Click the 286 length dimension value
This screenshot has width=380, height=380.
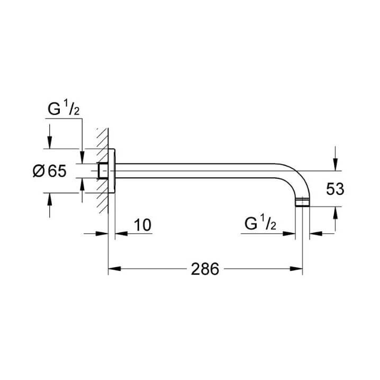pyautogui.click(x=205, y=269)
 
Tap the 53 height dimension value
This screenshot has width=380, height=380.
pyautogui.click(x=335, y=189)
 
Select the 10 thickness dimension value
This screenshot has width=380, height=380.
pyautogui.click(x=143, y=225)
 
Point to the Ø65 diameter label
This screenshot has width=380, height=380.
pyautogui.click(x=49, y=171)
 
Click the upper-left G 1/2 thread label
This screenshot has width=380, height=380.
pyautogui.click(x=64, y=109)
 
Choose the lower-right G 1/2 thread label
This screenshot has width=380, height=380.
pyautogui.click(x=260, y=223)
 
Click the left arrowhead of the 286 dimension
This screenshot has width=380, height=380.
pyautogui.click(x=114, y=269)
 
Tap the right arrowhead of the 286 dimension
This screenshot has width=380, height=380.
pyautogui.click(x=296, y=269)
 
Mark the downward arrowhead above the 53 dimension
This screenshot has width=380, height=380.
pyautogui.click(x=336, y=165)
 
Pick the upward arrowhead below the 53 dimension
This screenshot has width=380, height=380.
pyautogui.click(x=336, y=213)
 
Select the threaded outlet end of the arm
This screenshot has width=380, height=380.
pyautogui.click(x=302, y=202)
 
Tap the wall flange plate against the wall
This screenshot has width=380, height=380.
pyautogui.click(x=112, y=171)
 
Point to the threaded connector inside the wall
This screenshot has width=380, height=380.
pyautogui.click(x=103, y=171)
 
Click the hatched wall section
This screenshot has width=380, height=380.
pyautogui.click(x=103, y=171)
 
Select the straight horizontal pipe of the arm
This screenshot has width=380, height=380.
pyautogui.click(x=195, y=171)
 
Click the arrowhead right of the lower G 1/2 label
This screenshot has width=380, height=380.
pyautogui.click(x=289, y=233)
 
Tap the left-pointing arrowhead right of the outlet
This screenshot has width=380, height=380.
pyautogui.click(x=316, y=233)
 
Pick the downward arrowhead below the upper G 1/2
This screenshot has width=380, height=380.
pyautogui.click(x=82, y=157)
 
